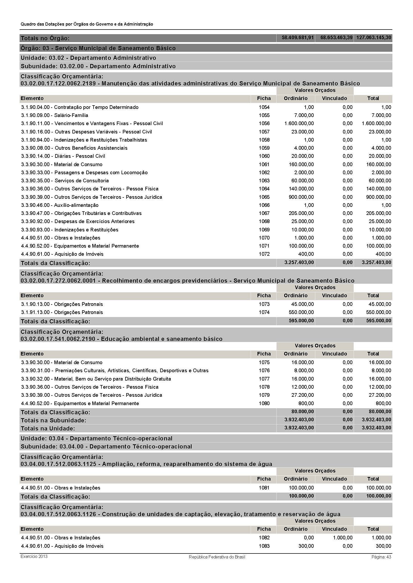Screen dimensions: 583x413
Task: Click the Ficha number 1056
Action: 264,124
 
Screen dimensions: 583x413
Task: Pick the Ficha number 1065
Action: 264,197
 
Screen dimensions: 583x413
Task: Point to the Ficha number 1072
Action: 264,254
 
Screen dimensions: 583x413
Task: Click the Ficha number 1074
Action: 264,312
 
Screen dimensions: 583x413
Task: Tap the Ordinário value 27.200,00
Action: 302,395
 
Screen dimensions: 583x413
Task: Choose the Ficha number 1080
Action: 264,404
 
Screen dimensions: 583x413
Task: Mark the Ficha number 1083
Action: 264,546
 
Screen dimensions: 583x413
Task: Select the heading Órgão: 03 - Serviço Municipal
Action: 98,48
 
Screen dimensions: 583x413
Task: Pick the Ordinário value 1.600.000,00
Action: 299,124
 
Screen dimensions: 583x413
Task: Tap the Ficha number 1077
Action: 264,379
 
